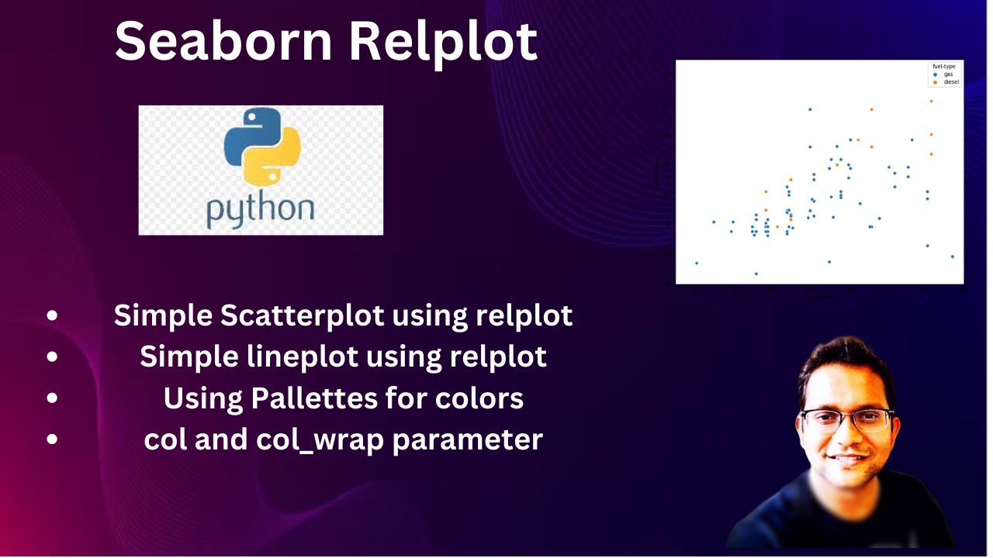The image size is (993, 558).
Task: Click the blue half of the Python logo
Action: (x=246, y=136)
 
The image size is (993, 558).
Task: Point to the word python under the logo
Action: (x=260, y=209)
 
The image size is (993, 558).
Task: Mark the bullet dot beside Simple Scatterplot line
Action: (x=52, y=315)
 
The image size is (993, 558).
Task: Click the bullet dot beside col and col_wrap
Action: (x=52, y=439)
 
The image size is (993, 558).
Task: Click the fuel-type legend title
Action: (x=943, y=67)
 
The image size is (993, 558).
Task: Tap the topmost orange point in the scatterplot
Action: (x=931, y=102)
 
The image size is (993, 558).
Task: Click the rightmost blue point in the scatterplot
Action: (x=952, y=257)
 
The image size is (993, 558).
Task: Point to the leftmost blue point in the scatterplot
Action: (x=696, y=263)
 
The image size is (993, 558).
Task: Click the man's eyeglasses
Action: (x=847, y=421)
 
